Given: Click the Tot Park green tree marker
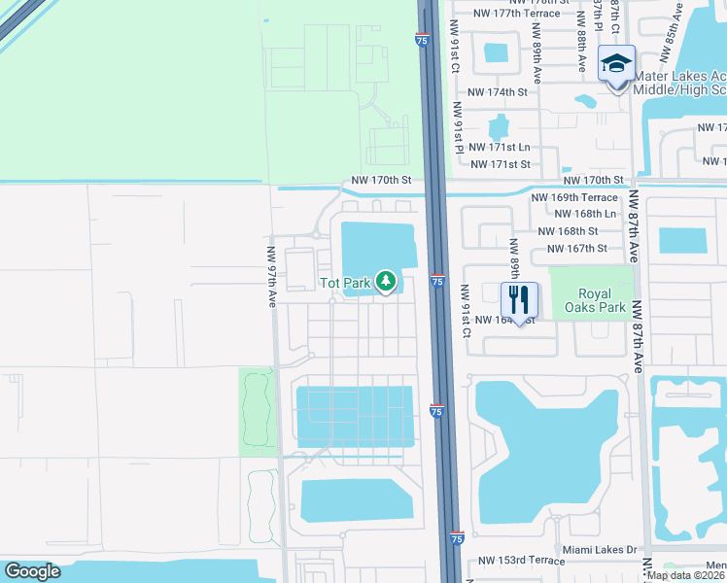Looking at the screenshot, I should [387, 282].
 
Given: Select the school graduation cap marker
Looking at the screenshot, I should [616, 64].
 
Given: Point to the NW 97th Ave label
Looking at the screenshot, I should [272, 268].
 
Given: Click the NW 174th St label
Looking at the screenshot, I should [497, 92].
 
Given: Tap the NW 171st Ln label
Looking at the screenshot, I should [500, 147].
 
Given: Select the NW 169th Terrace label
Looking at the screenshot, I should [573, 197].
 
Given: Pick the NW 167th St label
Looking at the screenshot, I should [577, 249].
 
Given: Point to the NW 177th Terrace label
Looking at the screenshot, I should [516, 14].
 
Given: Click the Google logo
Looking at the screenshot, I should [33, 571].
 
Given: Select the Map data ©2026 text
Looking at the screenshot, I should [686, 575].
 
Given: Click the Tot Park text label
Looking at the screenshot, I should [346, 284].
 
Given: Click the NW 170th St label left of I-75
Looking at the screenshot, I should [382, 180].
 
